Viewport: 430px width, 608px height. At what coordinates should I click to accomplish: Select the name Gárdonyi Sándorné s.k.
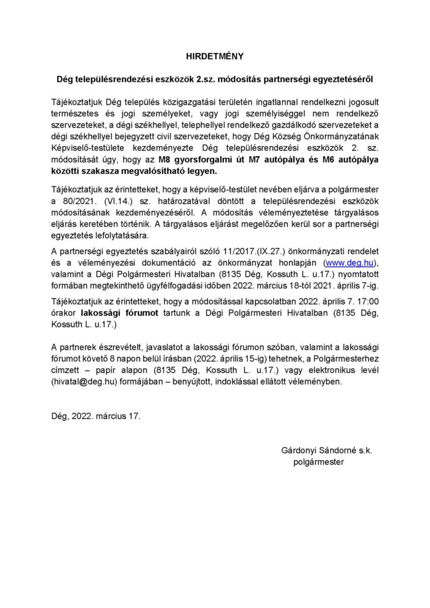[x=327, y=450]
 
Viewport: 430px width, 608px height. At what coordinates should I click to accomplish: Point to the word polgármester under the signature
[x=319, y=461]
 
